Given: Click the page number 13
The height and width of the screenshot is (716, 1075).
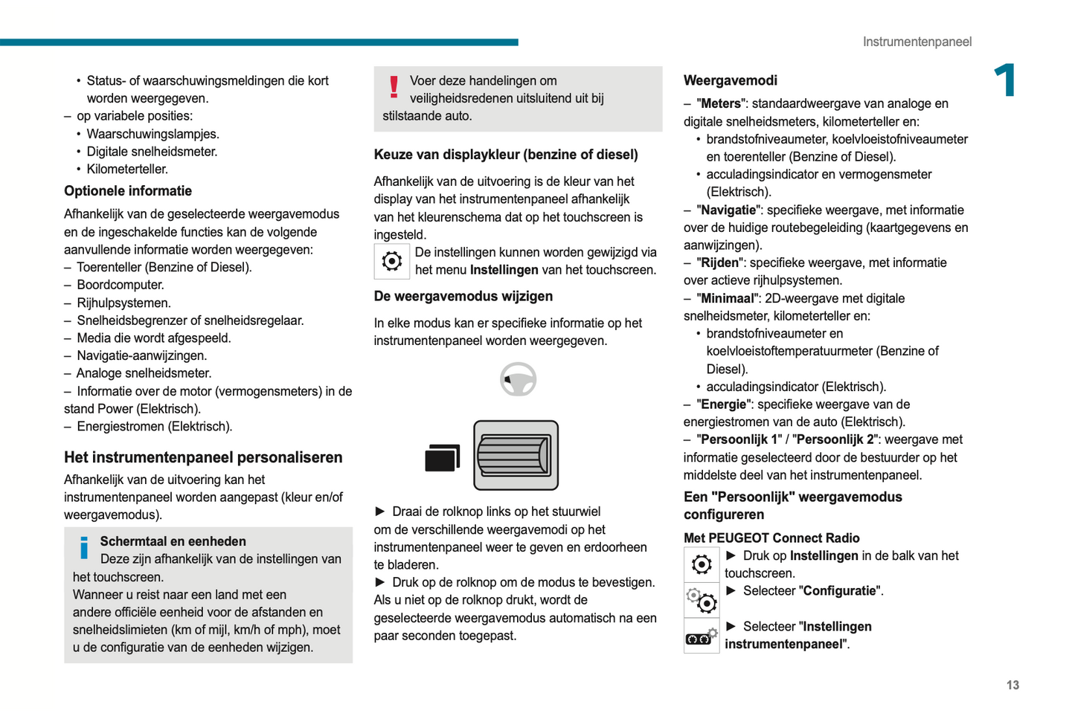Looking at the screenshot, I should click(x=1013, y=685).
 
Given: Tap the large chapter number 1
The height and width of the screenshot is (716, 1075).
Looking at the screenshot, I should click(x=1006, y=80).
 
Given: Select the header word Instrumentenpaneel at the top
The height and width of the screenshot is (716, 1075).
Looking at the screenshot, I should click(x=917, y=42).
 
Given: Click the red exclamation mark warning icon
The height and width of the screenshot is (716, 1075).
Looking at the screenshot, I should click(x=394, y=87).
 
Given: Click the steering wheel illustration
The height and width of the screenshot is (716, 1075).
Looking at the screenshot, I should click(x=519, y=379).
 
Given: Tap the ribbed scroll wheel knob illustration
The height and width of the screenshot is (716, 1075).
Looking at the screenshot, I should click(x=516, y=455).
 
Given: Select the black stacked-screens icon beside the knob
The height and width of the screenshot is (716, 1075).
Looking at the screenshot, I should click(x=442, y=458).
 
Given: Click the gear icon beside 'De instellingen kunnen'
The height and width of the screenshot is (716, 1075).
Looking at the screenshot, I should click(x=392, y=261).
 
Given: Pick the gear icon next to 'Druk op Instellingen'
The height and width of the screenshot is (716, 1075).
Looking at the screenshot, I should click(x=702, y=564).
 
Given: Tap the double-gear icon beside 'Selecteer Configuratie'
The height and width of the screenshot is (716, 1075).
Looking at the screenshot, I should click(x=702, y=599).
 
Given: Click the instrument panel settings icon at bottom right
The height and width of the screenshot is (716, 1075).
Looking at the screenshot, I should click(x=702, y=636).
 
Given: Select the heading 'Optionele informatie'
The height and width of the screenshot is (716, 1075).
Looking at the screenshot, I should click(x=128, y=191).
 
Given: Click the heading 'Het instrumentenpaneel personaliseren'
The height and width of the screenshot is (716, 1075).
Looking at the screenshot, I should click(x=203, y=457).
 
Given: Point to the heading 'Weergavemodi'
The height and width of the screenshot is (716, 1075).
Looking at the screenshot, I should click(x=730, y=80).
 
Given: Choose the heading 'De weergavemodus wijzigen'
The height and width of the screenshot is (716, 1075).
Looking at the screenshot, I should click(x=463, y=296).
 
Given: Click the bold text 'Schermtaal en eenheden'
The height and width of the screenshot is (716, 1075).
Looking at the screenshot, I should click(x=173, y=541).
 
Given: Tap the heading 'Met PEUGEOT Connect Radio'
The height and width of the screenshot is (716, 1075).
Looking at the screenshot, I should click(x=771, y=538).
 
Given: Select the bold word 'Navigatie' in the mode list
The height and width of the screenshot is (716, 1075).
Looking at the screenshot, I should click(x=729, y=210).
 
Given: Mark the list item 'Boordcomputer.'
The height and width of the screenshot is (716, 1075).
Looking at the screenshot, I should click(x=121, y=285).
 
